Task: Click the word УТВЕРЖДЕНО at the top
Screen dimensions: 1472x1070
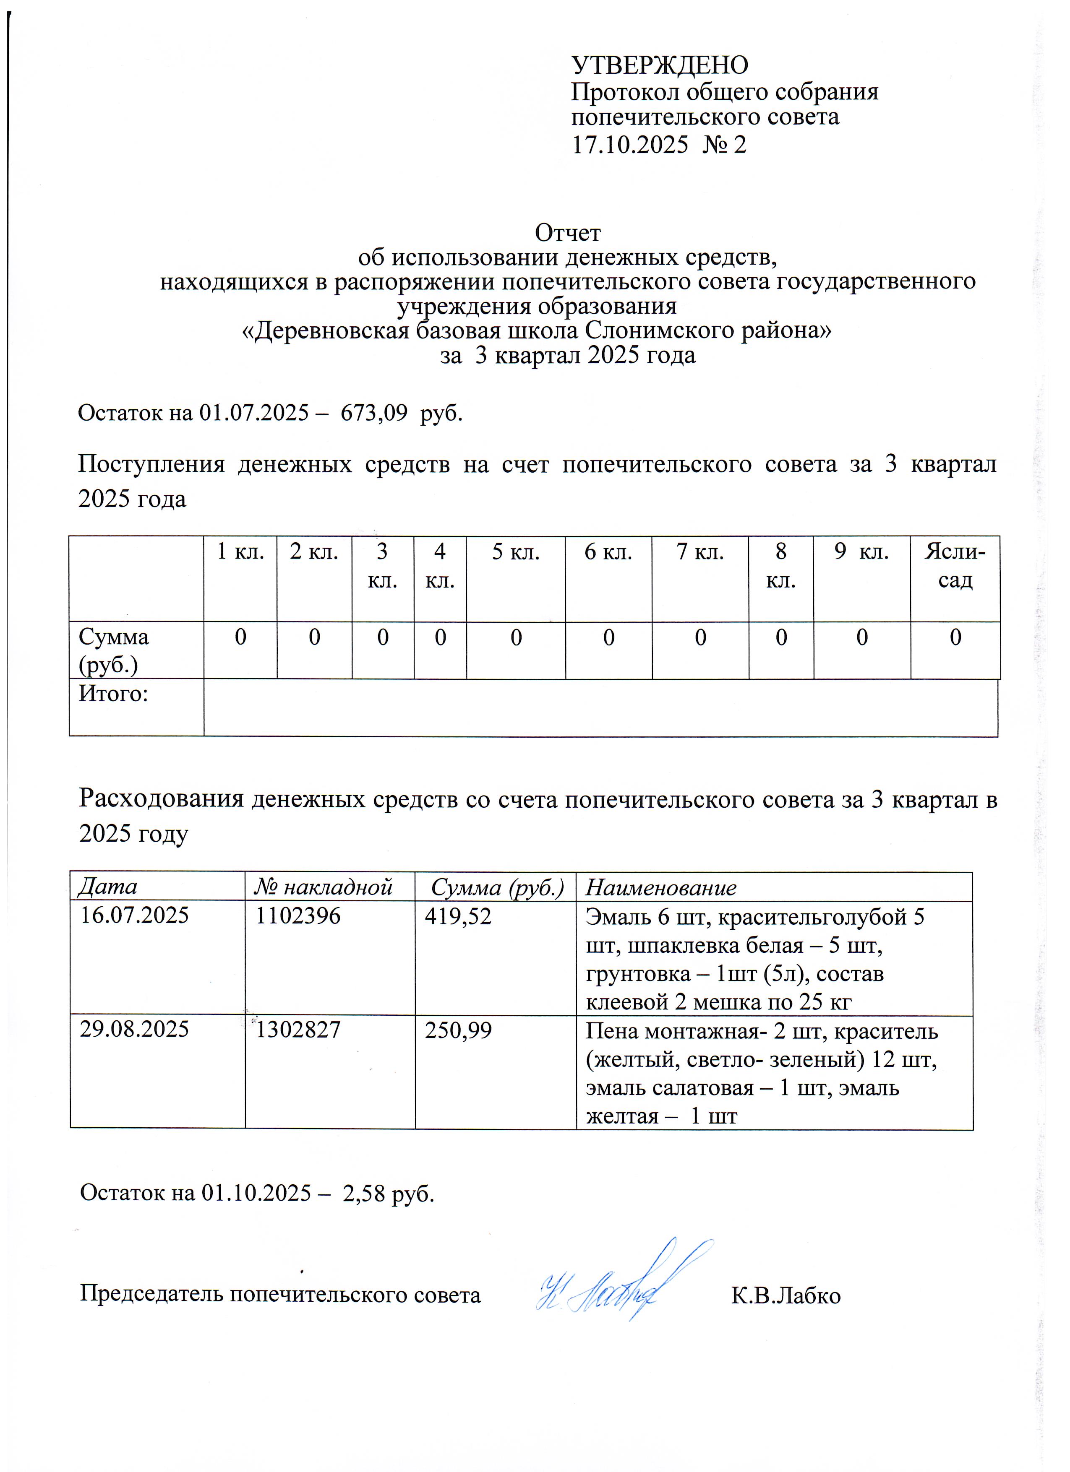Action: [x=660, y=65]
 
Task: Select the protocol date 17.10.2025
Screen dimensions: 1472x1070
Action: [x=629, y=144]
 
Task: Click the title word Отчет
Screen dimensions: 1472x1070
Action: [x=567, y=232]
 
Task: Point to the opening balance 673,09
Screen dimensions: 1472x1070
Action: [x=374, y=413]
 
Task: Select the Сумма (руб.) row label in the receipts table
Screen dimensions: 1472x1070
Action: [x=114, y=650]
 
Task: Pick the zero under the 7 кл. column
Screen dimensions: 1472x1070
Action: [x=701, y=637]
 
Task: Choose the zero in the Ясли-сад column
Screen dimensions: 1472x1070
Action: [x=955, y=637]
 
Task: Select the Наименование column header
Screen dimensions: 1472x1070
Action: [x=661, y=887]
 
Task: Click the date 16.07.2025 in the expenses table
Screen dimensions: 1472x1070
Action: [x=134, y=916]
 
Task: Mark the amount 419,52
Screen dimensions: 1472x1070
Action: [x=458, y=916]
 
